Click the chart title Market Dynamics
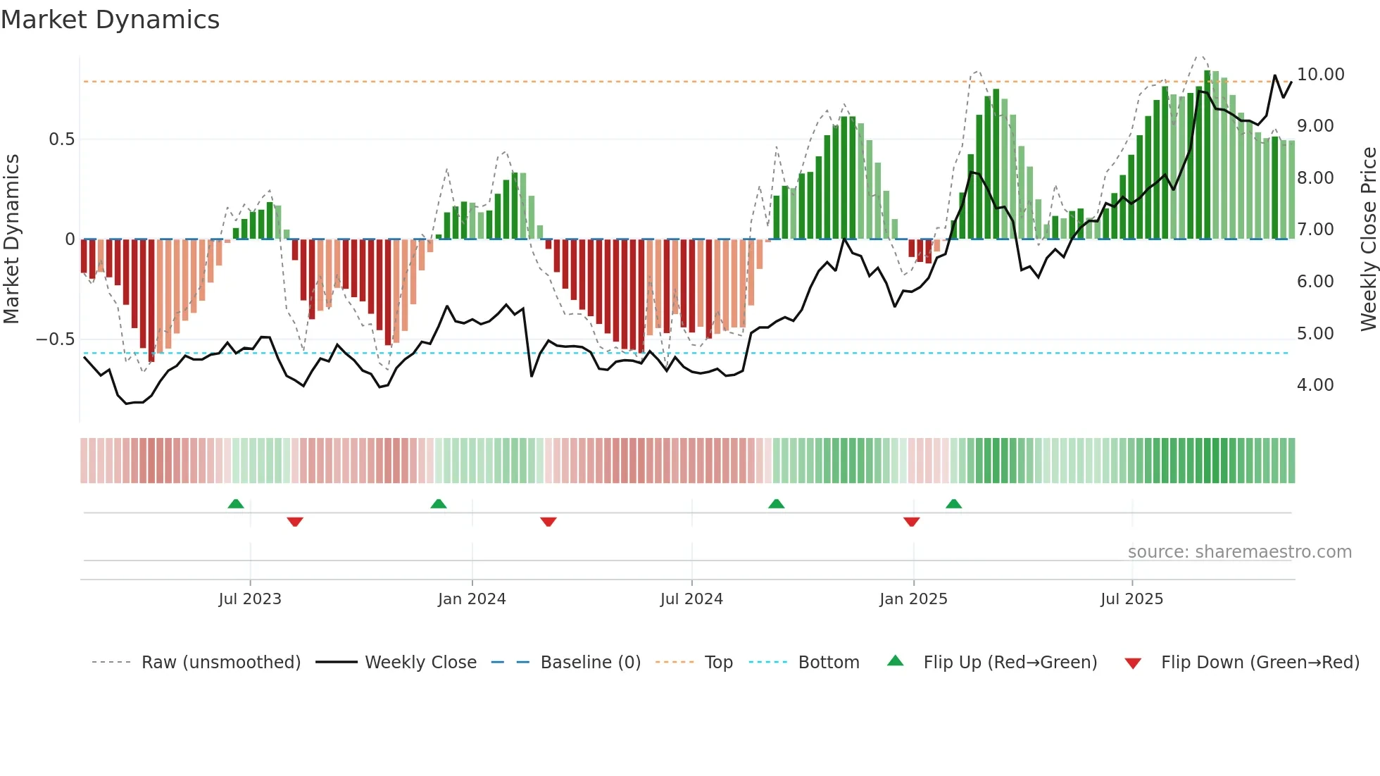(110, 20)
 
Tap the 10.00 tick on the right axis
(1320, 75)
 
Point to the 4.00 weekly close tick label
(1315, 385)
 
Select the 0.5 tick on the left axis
(61, 139)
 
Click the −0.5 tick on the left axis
(55, 339)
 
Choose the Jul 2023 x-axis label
(249, 599)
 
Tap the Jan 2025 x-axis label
(913, 599)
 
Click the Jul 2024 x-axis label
(691, 599)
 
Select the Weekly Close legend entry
(420, 663)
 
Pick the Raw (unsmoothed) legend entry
(220, 663)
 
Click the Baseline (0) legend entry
(590, 663)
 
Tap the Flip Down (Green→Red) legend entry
(1260, 663)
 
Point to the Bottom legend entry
(828, 663)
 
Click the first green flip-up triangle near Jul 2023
(236, 504)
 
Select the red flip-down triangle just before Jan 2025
(911, 522)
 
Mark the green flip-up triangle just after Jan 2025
(953, 504)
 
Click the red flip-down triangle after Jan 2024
(548, 522)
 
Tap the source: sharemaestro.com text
(1239, 552)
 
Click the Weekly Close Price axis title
(1368, 239)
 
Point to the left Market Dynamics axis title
(11, 239)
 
